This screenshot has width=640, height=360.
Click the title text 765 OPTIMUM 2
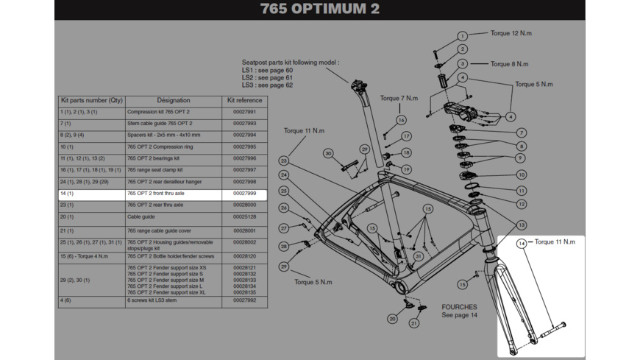coord(319,10)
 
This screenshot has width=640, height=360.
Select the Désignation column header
coord(173,100)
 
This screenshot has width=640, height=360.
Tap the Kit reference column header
coord(244,100)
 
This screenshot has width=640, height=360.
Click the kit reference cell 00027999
coord(244,194)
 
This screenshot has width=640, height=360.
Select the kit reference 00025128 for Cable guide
coord(244,217)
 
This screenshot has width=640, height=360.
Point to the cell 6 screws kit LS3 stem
coord(153,300)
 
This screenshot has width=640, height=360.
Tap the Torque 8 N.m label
coord(509,64)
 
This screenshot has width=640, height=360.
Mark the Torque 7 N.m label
coord(399,98)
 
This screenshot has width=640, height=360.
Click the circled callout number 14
coord(522,244)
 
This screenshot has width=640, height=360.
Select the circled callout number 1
coord(462,36)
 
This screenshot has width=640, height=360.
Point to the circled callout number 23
coord(283,160)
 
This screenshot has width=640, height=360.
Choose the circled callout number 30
coord(328,154)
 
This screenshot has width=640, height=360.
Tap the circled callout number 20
coord(392,319)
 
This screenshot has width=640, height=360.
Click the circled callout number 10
coord(521,175)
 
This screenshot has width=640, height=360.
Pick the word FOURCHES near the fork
coord(459,307)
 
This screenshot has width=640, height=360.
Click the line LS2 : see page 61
coord(267,78)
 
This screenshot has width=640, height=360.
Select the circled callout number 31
coord(418,257)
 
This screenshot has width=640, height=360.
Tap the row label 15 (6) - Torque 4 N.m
coord(84,256)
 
